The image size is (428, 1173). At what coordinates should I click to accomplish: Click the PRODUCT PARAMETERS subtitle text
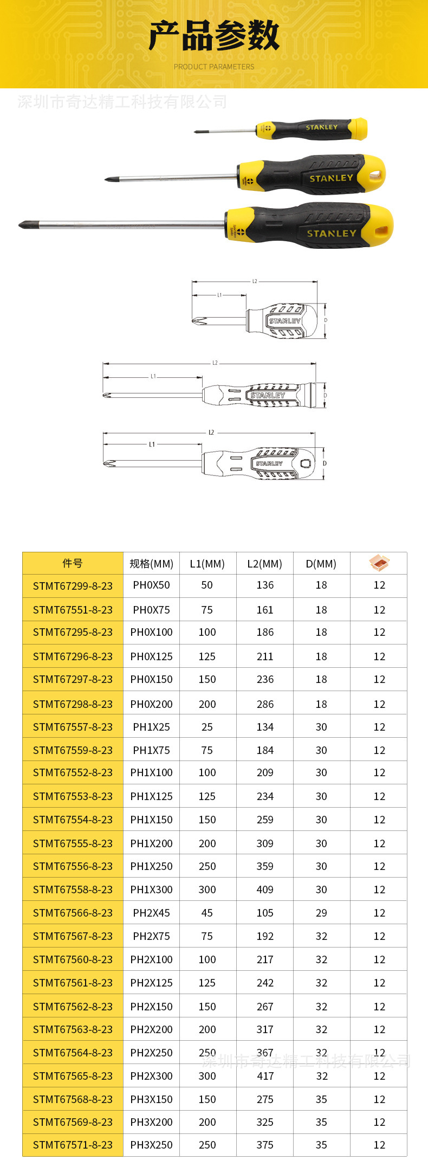[213, 67]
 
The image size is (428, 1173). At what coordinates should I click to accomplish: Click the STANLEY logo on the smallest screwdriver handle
[321, 127]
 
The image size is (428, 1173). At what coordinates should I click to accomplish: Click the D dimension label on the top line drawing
[326, 320]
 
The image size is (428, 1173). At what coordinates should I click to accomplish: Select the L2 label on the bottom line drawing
[211, 433]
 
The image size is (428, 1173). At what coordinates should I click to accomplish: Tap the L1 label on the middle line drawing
[153, 376]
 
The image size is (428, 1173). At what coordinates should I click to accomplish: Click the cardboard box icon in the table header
[379, 563]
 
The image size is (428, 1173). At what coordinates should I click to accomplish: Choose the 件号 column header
[73, 563]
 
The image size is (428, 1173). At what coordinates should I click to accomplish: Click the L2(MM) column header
[264, 564]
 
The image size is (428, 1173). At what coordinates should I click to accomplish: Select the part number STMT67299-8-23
[73, 586]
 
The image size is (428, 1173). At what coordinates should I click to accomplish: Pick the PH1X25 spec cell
[151, 727]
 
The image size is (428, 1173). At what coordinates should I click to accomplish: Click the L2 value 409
[265, 890]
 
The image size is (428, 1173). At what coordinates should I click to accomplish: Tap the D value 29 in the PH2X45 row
[321, 913]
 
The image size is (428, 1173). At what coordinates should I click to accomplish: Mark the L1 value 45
[207, 913]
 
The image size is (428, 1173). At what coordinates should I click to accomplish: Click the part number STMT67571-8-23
[73, 1145]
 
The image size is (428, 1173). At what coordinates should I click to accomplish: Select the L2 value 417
[265, 1076]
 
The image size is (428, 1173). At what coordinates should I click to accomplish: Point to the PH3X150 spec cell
[151, 1099]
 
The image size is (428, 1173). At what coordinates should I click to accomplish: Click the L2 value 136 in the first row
[265, 585]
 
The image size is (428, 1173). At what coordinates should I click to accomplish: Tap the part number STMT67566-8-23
[73, 913]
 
